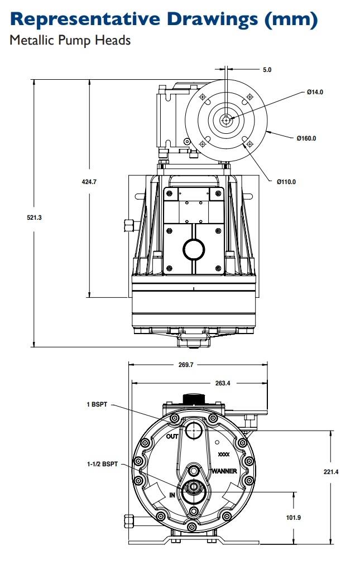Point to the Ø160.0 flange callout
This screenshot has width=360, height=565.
coord(306,138)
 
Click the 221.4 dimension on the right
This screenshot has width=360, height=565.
coord(331,472)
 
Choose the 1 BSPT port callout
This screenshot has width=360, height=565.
coord(96,404)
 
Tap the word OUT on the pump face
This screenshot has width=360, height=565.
coord(172,437)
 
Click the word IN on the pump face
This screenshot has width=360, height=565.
coord(172,495)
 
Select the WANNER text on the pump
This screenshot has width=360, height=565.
coord(224,471)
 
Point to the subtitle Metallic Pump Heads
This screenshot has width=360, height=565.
coord(70,41)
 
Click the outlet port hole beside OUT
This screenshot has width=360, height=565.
coord(194,429)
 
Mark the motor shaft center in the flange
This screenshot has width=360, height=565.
coord(226,119)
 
